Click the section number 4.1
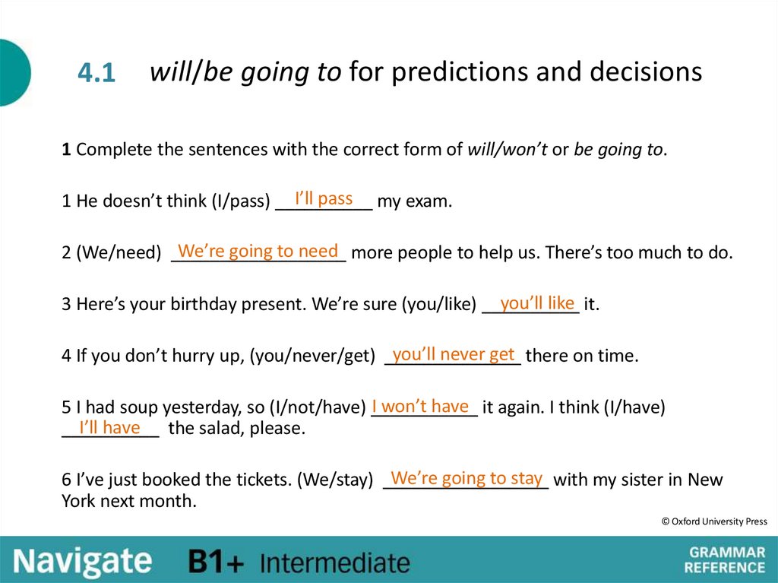(96, 74)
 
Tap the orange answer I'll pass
(324, 199)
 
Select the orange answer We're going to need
(258, 252)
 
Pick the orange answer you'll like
(537, 303)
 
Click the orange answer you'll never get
(454, 354)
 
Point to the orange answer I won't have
(420, 406)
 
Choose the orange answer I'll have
(110, 428)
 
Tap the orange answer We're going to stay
(466, 478)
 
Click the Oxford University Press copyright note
(713, 521)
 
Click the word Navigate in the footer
(82, 562)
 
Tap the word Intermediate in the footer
(334, 563)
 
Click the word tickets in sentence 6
(261, 480)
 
